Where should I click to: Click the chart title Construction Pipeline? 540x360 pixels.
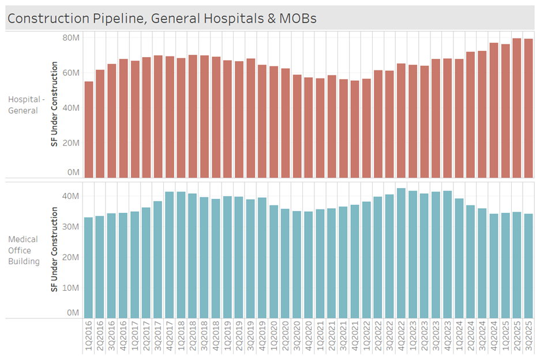[x=162, y=18]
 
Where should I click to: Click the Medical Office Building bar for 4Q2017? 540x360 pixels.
[x=170, y=254]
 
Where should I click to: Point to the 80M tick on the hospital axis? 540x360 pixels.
[x=71, y=37]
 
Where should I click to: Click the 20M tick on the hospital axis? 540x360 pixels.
[x=71, y=142]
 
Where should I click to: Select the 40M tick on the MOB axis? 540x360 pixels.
[x=71, y=196]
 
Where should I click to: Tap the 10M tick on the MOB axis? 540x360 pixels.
[x=71, y=287]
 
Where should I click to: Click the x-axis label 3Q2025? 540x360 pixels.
[x=528, y=337]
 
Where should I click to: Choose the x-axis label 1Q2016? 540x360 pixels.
[x=88, y=337]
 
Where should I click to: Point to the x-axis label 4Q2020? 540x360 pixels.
[x=309, y=337]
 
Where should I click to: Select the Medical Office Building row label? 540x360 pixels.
[x=24, y=250]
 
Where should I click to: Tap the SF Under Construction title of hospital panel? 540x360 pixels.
[x=55, y=104]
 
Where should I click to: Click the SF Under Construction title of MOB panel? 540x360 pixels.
[x=55, y=250]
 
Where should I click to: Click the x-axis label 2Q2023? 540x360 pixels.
[x=424, y=337]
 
